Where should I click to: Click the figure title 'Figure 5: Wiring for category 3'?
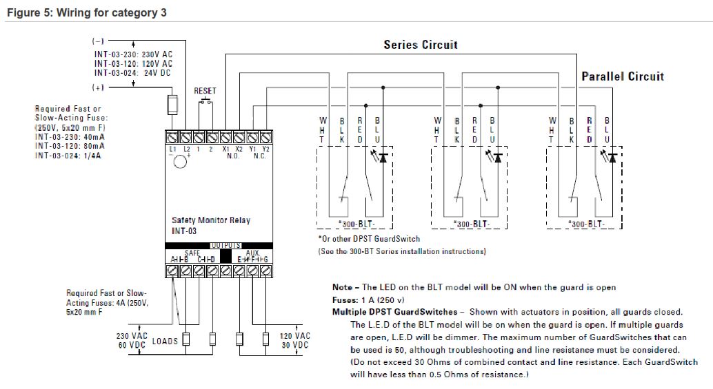click(x=86, y=12)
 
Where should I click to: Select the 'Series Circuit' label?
click(x=420, y=45)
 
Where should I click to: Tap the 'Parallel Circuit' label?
click(x=623, y=76)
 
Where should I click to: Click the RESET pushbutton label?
click(x=205, y=91)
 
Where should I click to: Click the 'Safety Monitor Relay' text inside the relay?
click(x=211, y=220)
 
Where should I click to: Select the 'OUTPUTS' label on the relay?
click(x=225, y=245)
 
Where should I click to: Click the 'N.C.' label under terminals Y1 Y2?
click(x=259, y=156)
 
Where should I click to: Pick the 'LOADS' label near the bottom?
click(x=165, y=341)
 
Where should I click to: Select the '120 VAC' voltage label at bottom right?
click(x=294, y=336)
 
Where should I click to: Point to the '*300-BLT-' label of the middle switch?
click(x=471, y=224)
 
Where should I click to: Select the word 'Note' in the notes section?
click(x=342, y=287)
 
